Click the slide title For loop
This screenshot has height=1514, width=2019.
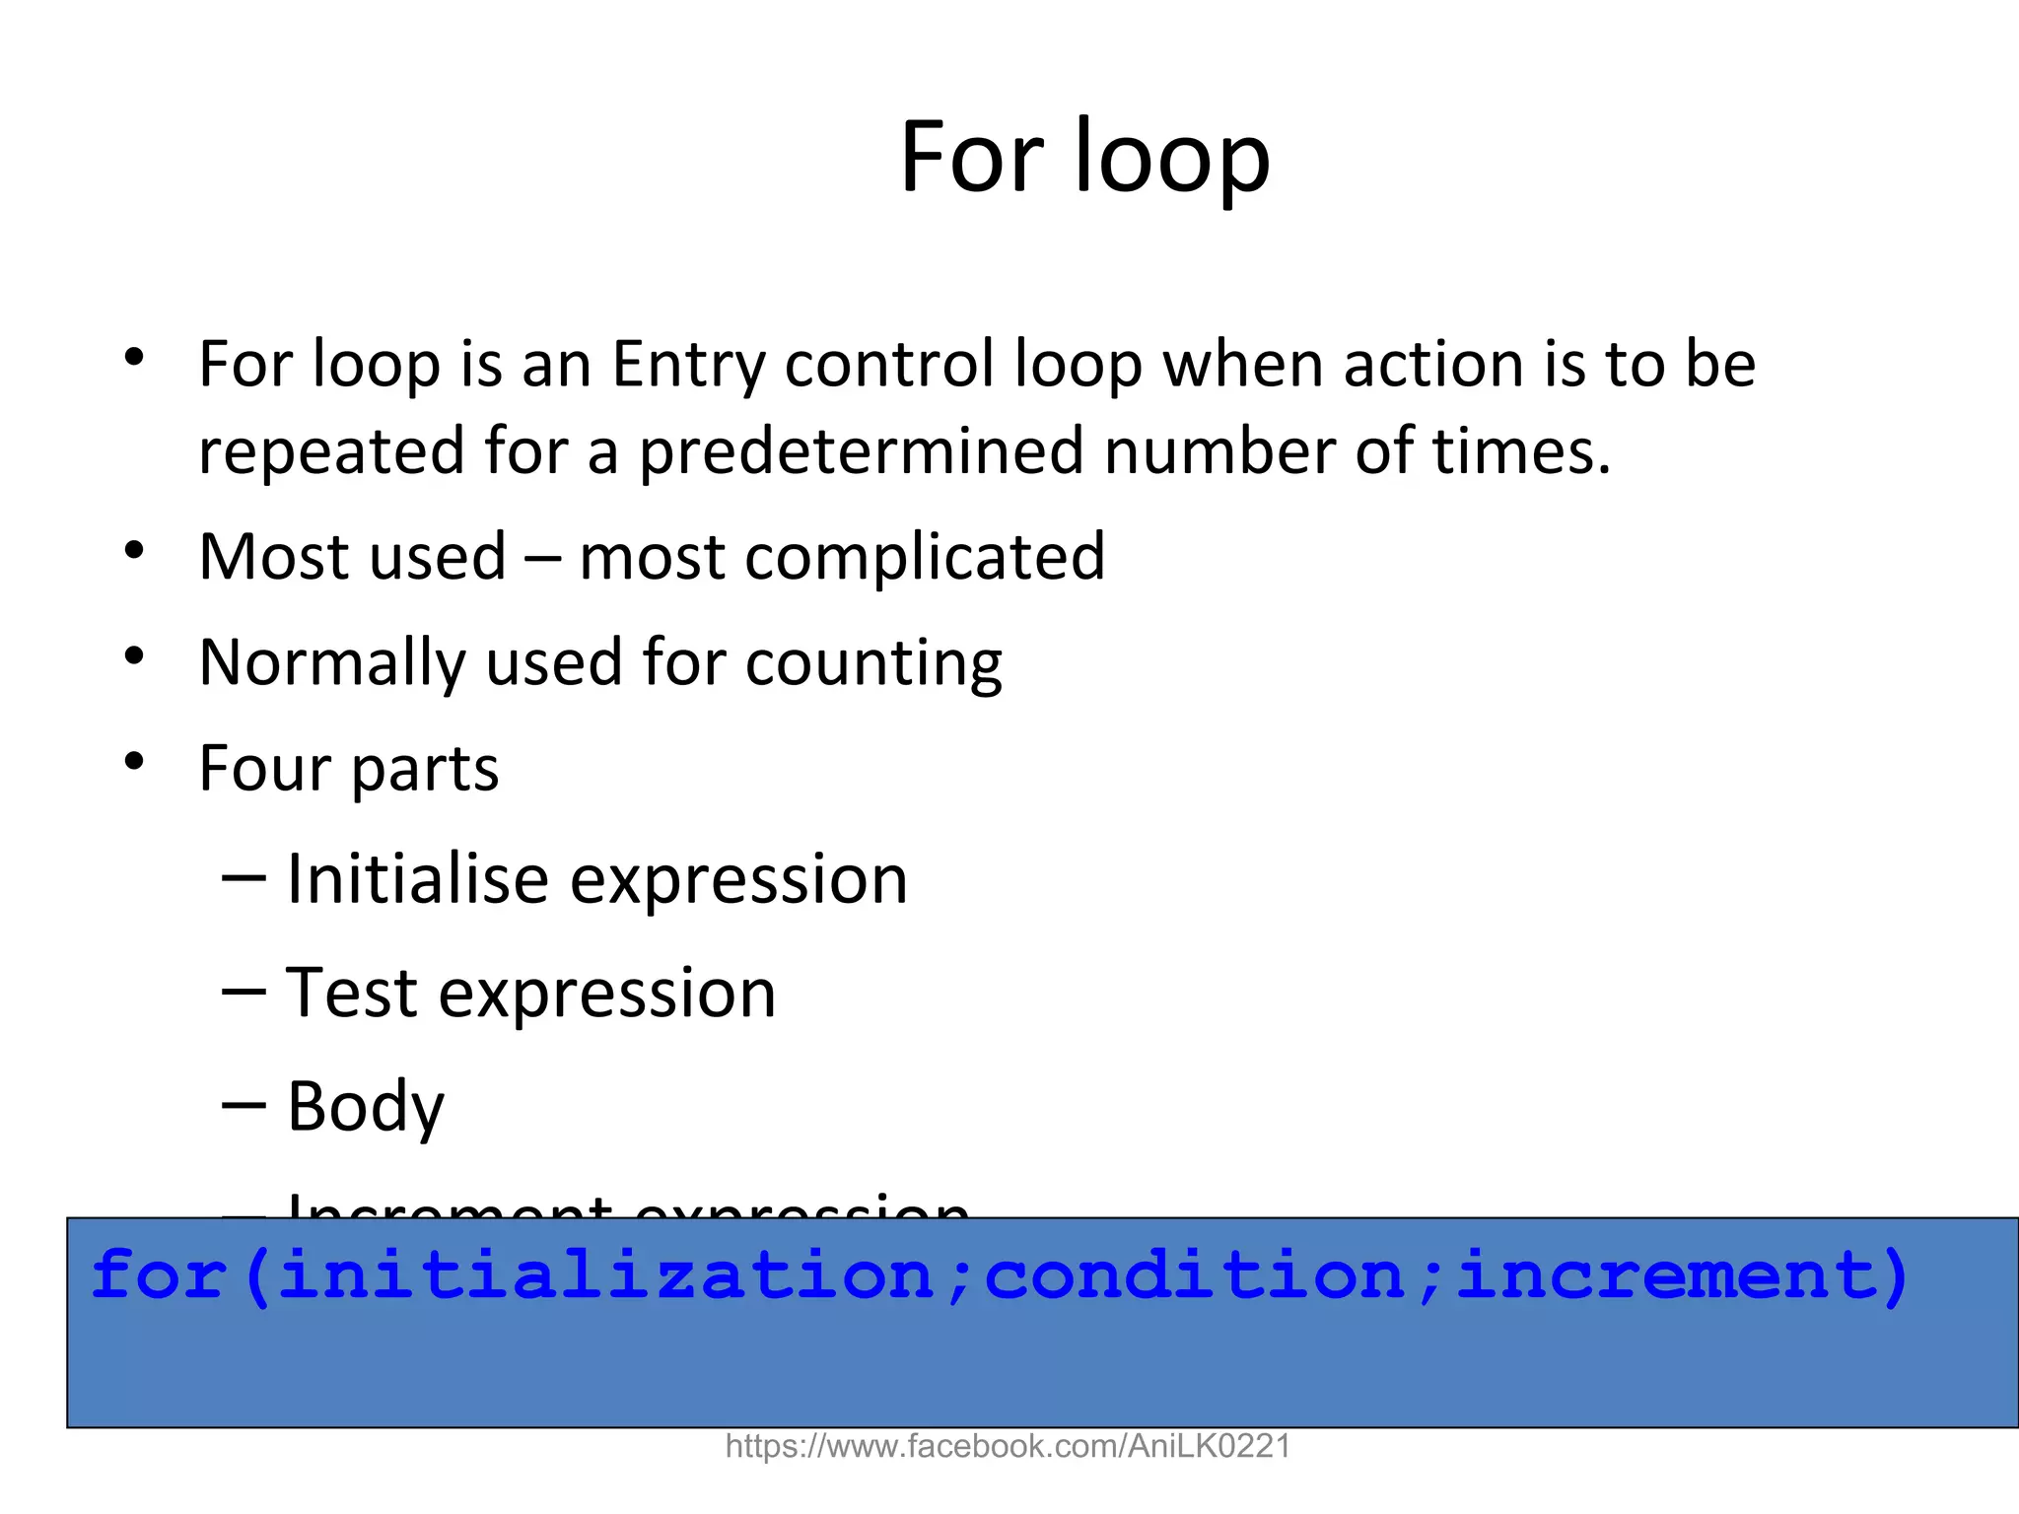click(1084, 158)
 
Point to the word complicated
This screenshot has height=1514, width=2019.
click(925, 558)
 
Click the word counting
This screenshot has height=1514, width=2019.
click(873, 663)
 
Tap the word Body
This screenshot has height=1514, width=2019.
click(366, 1107)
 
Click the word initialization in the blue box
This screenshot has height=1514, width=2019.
click(605, 1275)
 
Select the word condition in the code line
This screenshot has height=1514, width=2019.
click(1194, 1275)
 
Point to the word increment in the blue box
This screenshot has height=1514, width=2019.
click(1667, 1275)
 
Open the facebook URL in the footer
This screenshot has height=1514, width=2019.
click(1008, 1446)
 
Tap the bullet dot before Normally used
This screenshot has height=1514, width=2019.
click(135, 656)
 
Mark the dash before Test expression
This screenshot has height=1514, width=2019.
click(244, 993)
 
